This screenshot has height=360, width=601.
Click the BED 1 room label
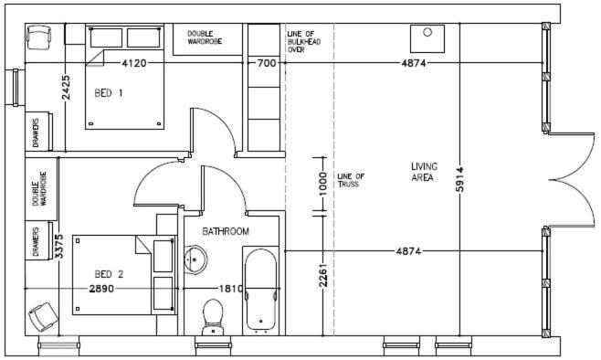point(109,93)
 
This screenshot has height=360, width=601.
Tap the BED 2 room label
point(109,274)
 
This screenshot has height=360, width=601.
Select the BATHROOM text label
point(226,231)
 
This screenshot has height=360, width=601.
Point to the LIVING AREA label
point(424,172)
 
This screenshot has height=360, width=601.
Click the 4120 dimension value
point(133,63)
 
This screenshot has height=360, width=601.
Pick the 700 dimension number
point(267,63)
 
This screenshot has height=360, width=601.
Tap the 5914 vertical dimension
point(460,179)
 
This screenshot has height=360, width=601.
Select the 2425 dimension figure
point(66,88)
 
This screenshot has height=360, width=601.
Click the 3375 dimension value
point(59,247)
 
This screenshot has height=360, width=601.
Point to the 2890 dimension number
point(101,289)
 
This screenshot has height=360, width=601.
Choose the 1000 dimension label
point(323,184)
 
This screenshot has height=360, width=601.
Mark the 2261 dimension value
point(323,275)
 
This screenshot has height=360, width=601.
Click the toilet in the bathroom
point(213,317)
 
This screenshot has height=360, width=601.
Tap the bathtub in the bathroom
point(260,290)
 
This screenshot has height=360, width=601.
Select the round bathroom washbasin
point(195,259)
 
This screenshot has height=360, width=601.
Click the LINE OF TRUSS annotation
point(351,180)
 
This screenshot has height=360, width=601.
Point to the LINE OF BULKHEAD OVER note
point(304,42)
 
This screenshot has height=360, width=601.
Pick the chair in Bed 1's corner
point(38,37)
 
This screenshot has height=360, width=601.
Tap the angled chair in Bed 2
point(43,317)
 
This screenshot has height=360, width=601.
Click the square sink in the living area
point(427,38)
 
